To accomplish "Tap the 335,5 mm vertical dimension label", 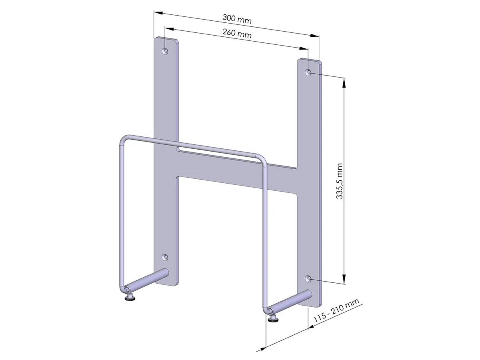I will tap(340, 181).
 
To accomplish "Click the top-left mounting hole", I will tap(165, 51).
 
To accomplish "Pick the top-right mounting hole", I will tap(308, 72).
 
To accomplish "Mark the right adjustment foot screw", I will tap(274, 318).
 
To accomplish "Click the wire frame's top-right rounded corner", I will tap(263, 158).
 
